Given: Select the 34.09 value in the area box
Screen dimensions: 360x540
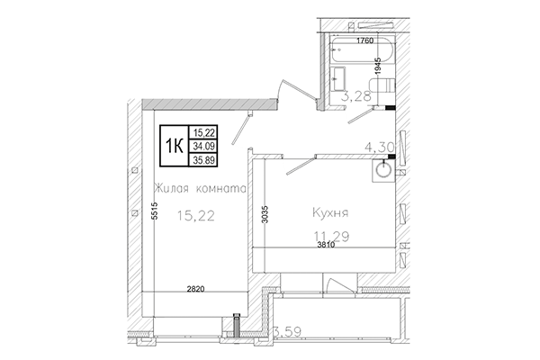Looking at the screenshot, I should tap(203, 148).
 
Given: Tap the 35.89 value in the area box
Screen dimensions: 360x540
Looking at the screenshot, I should tap(203, 162).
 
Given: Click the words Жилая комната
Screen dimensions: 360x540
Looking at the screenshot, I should tap(198, 189).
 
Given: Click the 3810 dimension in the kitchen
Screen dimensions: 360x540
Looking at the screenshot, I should tap(325, 245).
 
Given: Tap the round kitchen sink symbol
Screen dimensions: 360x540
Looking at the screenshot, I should tap(383, 167).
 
